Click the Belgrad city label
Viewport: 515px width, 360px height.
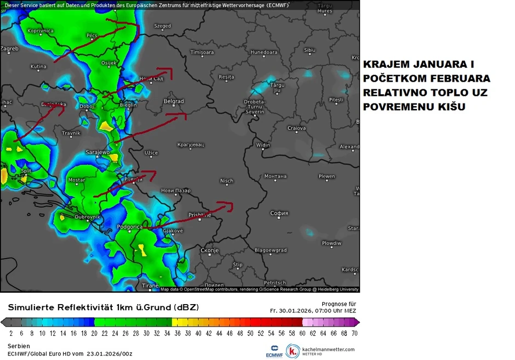coord(174,101)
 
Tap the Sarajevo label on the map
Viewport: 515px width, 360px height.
coord(98,152)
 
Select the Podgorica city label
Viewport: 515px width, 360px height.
coord(130,227)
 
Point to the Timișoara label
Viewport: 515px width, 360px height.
coord(202,52)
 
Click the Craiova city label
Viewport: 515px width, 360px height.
coord(296,128)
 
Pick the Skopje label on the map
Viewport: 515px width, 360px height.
coord(209,250)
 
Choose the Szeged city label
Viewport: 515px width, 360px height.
coord(162,26)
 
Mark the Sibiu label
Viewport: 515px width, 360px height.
coord(310,50)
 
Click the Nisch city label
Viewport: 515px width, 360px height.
coord(226,181)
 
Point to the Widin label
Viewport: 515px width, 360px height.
coord(263,145)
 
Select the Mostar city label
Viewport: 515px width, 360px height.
coord(77,180)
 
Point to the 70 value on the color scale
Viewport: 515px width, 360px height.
coord(354,333)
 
